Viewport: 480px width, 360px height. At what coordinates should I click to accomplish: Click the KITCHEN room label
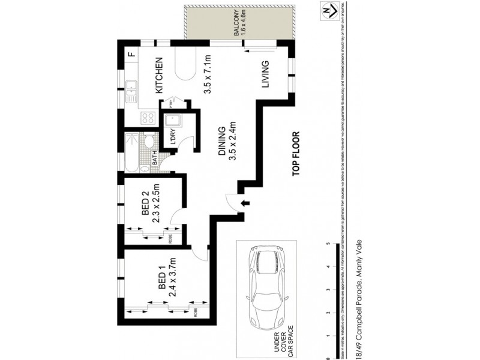(x=160, y=76)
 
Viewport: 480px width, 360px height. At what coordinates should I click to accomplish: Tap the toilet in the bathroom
(x=149, y=142)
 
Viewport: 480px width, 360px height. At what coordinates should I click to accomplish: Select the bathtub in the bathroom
(x=132, y=153)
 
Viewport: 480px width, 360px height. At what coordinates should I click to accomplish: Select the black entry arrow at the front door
(x=244, y=204)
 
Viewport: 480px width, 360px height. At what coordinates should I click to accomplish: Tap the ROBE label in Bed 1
(x=196, y=311)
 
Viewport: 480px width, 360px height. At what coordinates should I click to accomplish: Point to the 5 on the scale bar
(x=328, y=244)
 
